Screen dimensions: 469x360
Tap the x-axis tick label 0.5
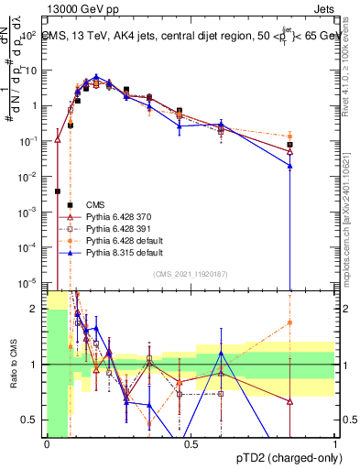point(191,444)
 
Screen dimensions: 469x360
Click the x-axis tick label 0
point(47,444)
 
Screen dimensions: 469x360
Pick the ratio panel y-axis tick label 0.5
point(31,420)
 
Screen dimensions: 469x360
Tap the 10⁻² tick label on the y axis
point(28,176)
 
